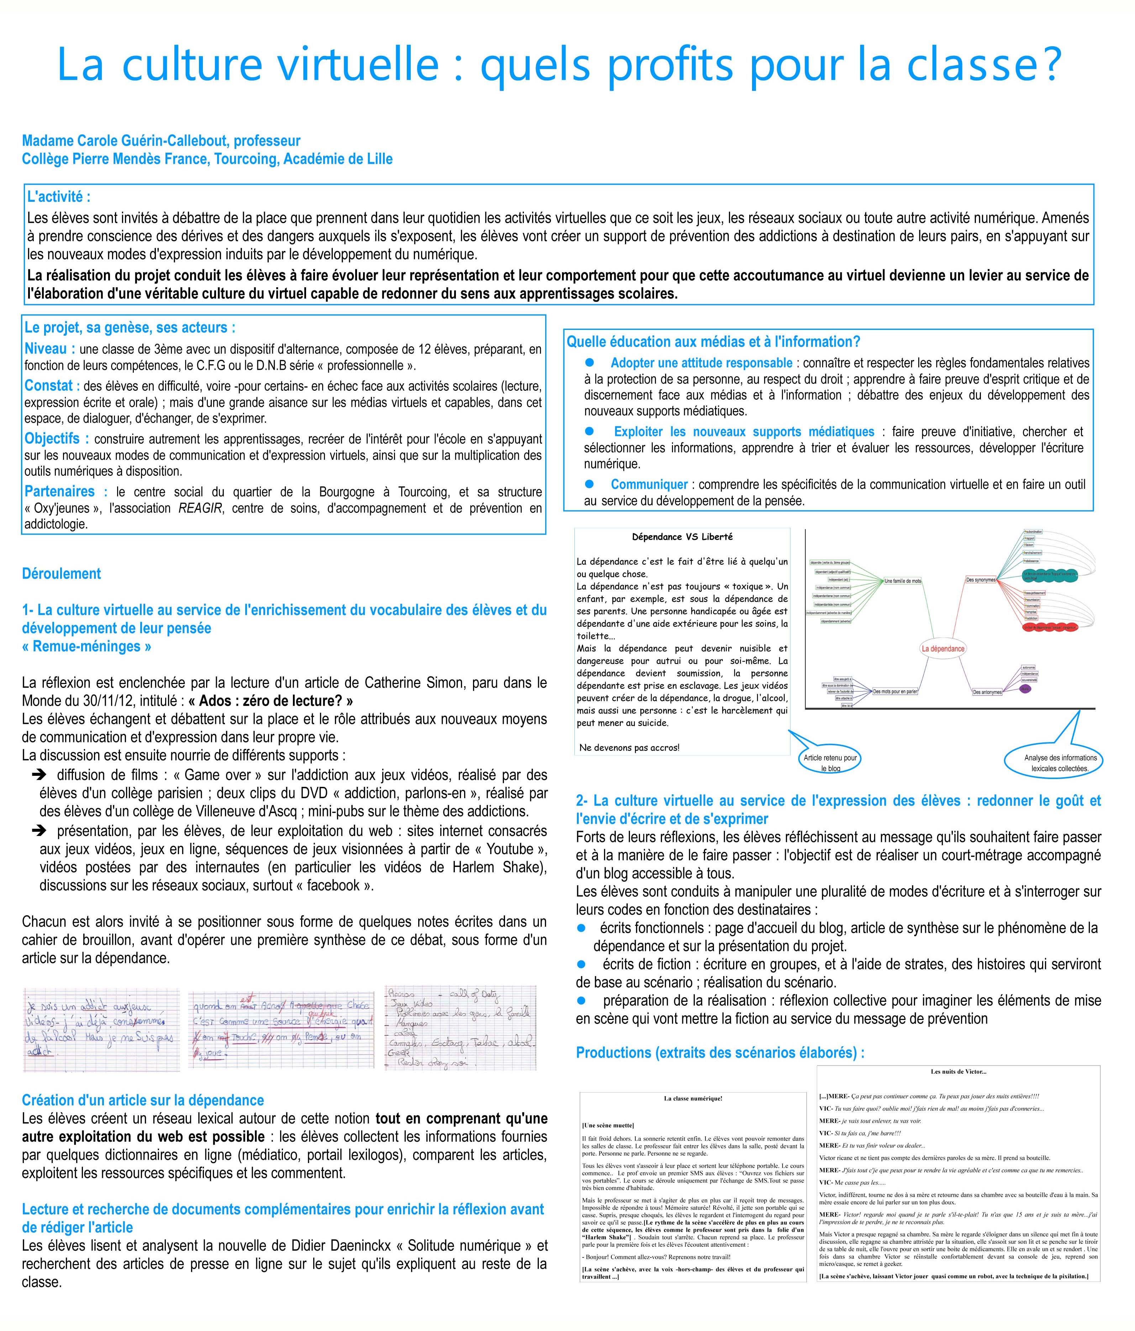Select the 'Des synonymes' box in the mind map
coord(981,580)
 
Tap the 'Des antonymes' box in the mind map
coord(987,692)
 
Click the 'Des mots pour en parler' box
coord(895,691)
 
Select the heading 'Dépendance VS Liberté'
coord(682,536)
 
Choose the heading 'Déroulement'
coord(61,574)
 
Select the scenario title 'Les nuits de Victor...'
coord(958,1072)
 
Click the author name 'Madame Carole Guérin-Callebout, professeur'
coord(161,141)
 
